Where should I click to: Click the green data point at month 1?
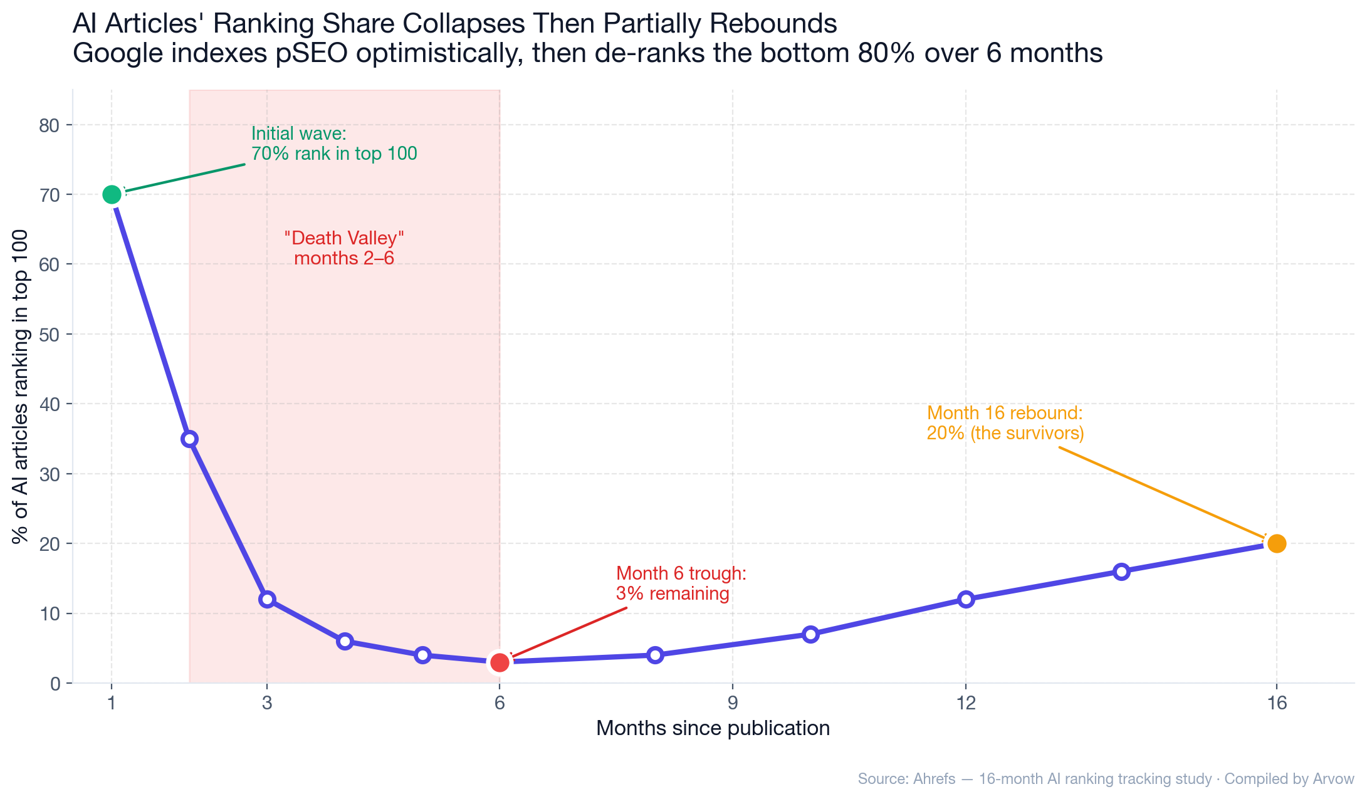[x=112, y=195]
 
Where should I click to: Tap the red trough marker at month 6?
[x=500, y=662]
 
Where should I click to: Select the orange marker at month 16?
[x=1276, y=543]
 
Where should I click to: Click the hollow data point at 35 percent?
[x=189, y=439]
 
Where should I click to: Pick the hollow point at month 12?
[x=966, y=599]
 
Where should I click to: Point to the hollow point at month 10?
[x=810, y=634]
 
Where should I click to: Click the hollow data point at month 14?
[x=1121, y=572]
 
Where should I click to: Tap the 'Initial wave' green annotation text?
[x=333, y=144]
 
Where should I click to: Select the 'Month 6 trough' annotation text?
[x=681, y=583]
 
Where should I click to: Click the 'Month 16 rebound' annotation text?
[x=1005, y=423]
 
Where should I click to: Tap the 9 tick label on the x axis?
[x=733, y=703]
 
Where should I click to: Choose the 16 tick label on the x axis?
[x=1276, y=703]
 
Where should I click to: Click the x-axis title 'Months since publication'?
[x=713, y=728]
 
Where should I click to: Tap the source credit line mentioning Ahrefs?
[x=1106, y=779]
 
